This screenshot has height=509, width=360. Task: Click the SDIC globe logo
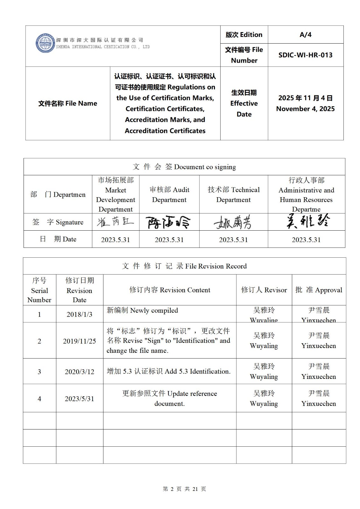(45, 43)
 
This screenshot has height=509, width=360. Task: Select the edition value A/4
(305, 35)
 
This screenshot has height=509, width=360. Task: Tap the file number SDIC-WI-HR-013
(305, 55)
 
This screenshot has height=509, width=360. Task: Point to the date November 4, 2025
(305, 109)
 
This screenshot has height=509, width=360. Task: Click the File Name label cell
(67, 103)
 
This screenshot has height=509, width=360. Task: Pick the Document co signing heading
(184, 167)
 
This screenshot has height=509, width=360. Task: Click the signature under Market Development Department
(115, 222)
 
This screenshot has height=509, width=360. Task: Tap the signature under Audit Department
(169, 222)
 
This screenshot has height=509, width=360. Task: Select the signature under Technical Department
(233, 222)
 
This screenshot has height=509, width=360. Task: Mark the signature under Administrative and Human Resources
(307, 221)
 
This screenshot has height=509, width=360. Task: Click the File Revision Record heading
(184, 266)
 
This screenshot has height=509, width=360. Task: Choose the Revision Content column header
(170, 290)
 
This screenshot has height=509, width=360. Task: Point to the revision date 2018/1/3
(79, 314)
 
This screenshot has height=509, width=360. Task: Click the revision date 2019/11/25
(79, 341)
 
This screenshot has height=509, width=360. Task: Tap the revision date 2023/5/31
(79, 399)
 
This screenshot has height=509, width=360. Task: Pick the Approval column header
(319, 290)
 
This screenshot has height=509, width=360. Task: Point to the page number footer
(184, 489)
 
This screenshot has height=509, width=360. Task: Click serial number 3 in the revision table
(39, 372)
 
